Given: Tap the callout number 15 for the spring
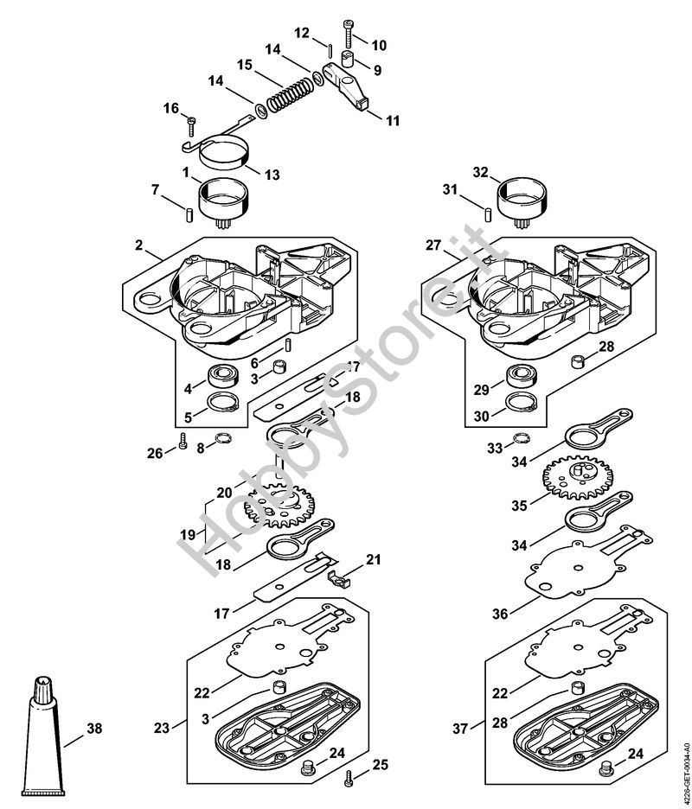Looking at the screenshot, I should point(244,65).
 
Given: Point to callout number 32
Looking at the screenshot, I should point(482,171).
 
